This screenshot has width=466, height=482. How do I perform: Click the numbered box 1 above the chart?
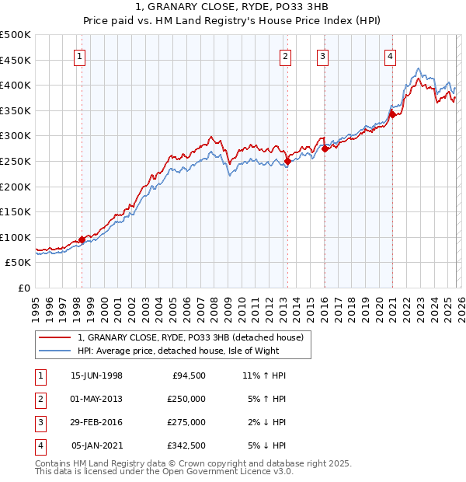(81, 55)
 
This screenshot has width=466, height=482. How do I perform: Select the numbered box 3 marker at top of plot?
(322, 55)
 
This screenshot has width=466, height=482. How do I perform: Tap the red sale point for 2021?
(393, 114)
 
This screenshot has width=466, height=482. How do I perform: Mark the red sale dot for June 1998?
(82, 240)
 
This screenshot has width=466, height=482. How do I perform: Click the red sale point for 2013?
(287, 161)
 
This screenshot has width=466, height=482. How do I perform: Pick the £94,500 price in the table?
(189, 375)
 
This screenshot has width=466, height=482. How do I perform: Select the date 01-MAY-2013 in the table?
(96, 399)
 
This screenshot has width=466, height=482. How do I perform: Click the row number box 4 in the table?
(39, 445)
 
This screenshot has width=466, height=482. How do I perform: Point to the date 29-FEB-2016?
(96, 422)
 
